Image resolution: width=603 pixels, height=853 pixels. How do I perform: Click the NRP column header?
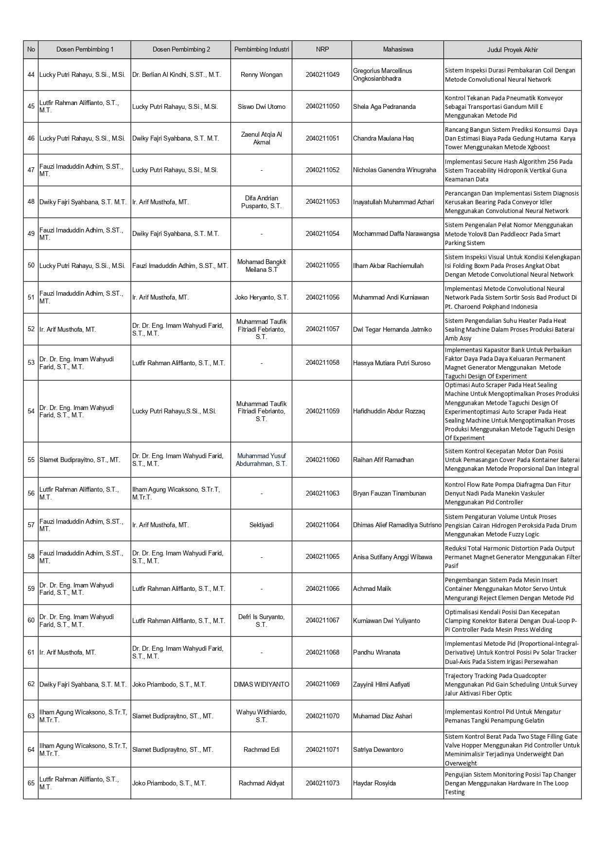[x=322, y=50]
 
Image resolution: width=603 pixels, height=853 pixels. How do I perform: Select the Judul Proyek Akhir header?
[x=512, y=50]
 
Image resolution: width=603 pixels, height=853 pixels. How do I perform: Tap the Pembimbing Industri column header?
[x=262, y=50]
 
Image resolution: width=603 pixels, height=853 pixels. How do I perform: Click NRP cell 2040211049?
[x=322, y=74]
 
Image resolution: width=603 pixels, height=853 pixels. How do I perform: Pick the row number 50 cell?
[x=31, y=266]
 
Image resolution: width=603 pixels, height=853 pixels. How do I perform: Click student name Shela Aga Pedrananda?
[x=384, y=107]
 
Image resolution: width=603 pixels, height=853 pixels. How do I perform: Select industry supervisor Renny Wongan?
[x=262, y=74]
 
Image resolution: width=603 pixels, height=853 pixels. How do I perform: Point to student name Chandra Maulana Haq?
[x=383, y=138]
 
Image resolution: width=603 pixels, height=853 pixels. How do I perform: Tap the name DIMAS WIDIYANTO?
[x=262, y=684]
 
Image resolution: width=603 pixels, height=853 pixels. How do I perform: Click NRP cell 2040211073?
[x=322, y=783]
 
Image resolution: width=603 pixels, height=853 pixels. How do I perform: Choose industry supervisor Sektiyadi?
[x=262, y=525]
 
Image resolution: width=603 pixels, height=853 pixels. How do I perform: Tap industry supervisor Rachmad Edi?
[x=262, y=749]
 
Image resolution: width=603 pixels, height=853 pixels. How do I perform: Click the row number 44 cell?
[x=31, y=74]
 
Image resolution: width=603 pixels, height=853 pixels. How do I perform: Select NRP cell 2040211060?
[x=322, y=460]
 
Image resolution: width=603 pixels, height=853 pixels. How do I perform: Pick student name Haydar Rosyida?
[x=374, y=783]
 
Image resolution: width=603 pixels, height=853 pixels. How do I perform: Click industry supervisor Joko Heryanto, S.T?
[x=262, y=297]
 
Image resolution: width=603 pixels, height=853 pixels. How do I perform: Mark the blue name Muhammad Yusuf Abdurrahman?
[x=262, y=460]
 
